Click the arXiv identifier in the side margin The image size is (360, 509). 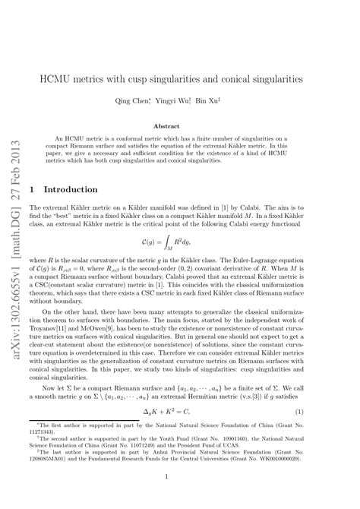[15, 220]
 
